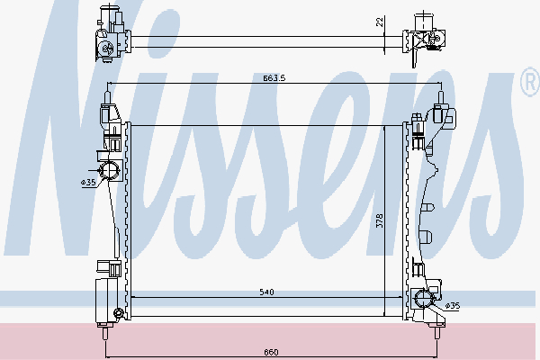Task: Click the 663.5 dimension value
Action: [275, 78]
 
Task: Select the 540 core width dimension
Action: [267, 292]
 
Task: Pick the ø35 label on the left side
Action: [88, 183]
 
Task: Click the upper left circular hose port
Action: [110, 171]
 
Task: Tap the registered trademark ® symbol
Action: [528, 85]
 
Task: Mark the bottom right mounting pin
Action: [437, 331]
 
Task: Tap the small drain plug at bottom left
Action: [118, 313]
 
